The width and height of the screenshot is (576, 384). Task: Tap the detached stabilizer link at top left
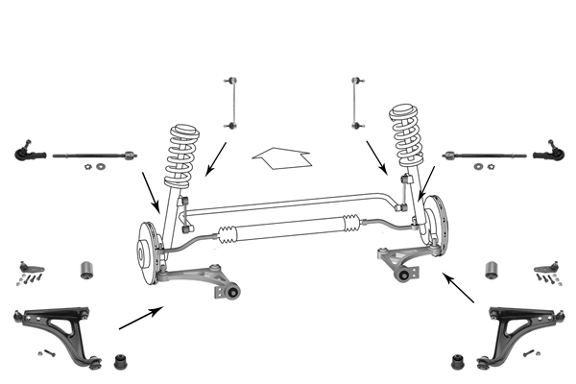pos(230,100)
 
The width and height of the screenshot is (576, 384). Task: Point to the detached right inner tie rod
pos(485,153)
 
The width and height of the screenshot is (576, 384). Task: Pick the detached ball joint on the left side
pos(29,267)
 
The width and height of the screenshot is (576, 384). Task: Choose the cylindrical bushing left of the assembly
pos(86,267)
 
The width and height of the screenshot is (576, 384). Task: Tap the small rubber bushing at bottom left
pos(122,363)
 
